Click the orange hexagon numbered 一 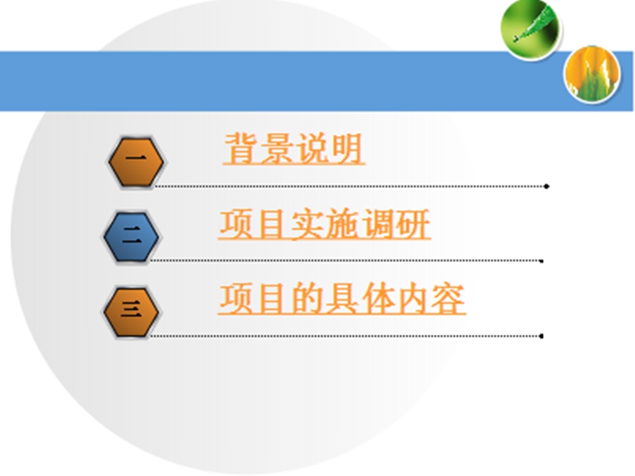(x=136, y=162)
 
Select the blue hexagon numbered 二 (x=131, y=237)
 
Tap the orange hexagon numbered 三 (x=131, y=311)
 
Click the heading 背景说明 (x=294, y=149)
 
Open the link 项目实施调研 (x=324, y=224)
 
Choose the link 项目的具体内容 (x=341, y=299)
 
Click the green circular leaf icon (x=529, y=29)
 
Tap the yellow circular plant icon (x=591, y=73)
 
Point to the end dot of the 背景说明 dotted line (x=546, y=186)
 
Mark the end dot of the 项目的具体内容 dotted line (x=541, y=336)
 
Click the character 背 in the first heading (x=242, y=148)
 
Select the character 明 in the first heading (x=346, y=149)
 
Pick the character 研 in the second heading (x=413, y=224)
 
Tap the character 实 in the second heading (x=306, y=224)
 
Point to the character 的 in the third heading (x=306, y=299)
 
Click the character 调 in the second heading (x=377, y=224)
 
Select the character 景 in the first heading (x=276, y=149)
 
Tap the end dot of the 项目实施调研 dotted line (x=541, y=261)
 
